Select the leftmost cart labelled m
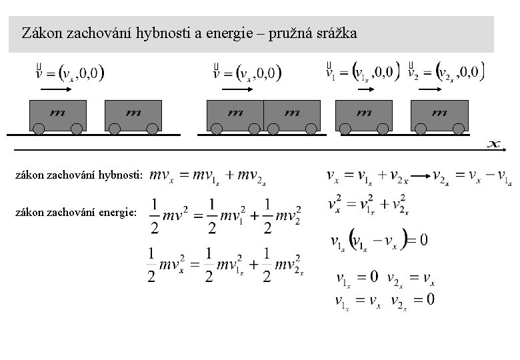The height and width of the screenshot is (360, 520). [x=57, y=114]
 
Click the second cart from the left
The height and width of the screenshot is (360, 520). [x=133, y=114]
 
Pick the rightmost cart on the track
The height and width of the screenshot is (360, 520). [x=439, y=114]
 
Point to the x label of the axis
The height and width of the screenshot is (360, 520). [x=494, y=143]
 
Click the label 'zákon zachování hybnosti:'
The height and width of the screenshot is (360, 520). [x=81, y=175]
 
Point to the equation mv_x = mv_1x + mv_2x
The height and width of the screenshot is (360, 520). [x=208, y=177]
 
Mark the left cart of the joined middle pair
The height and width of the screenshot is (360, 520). [x=235, y=114]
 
